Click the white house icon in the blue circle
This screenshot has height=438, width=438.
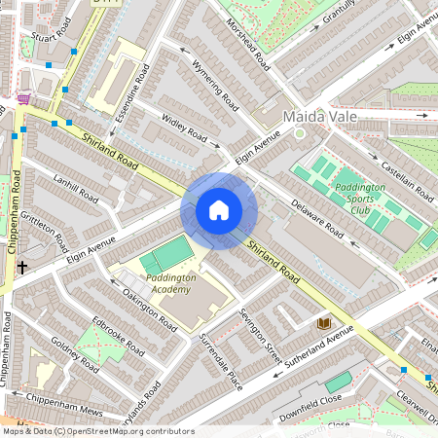tap(219, 210)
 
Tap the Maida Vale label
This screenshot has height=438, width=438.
tap(319, 117)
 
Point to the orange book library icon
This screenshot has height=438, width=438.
tap(324, 322)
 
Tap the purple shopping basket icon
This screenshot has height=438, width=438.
tap(23, 99)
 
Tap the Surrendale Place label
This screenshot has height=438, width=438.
tap(220, 345)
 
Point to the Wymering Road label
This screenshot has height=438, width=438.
tap(215, 85)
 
